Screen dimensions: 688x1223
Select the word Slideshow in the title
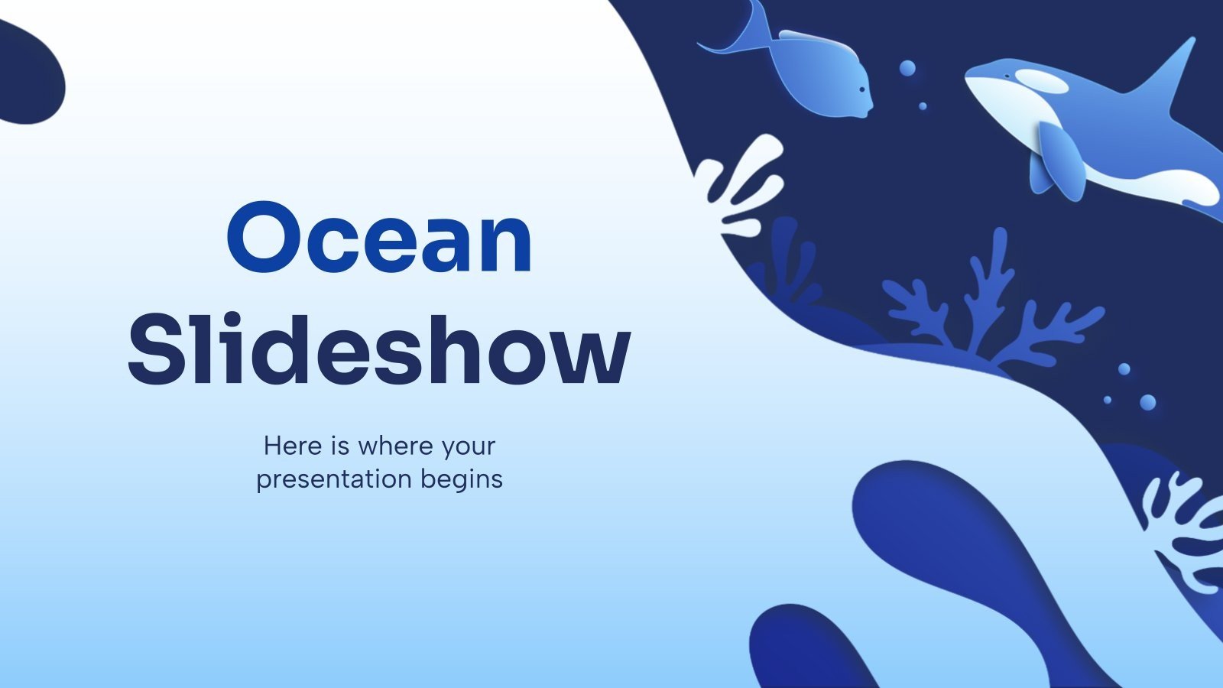pyautogui.click(x=379, y=348)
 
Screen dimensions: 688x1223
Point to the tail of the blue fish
pyautogui.click(x=738, y=31)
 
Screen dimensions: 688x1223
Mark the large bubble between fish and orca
pyautogui.click(x=907, y=68)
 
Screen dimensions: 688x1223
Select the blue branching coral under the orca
pyautogui.click(x=994, y=306)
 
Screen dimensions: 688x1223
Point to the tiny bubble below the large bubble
pyautogui.click(x=923, y=106)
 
